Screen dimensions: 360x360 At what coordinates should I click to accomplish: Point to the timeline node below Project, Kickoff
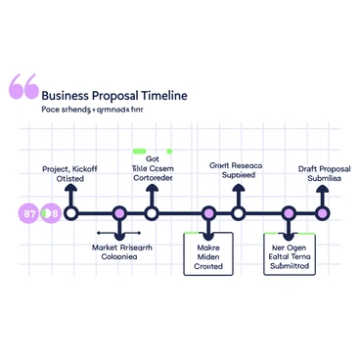(70, 212)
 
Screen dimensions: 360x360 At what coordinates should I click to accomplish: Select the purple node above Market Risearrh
(119, 212)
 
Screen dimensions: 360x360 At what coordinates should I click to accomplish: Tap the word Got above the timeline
(152, 157)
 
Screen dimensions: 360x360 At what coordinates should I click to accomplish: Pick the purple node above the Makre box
(208, 212)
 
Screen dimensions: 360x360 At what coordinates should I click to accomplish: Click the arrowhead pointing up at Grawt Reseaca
(238, 191)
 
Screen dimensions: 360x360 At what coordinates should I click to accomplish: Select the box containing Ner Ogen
(289, 254)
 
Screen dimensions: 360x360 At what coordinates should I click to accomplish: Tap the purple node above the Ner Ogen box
(289, 212)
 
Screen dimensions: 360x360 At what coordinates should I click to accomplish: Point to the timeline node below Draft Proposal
(322, 212)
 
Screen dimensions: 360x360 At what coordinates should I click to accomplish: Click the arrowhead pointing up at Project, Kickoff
(70, 191)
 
